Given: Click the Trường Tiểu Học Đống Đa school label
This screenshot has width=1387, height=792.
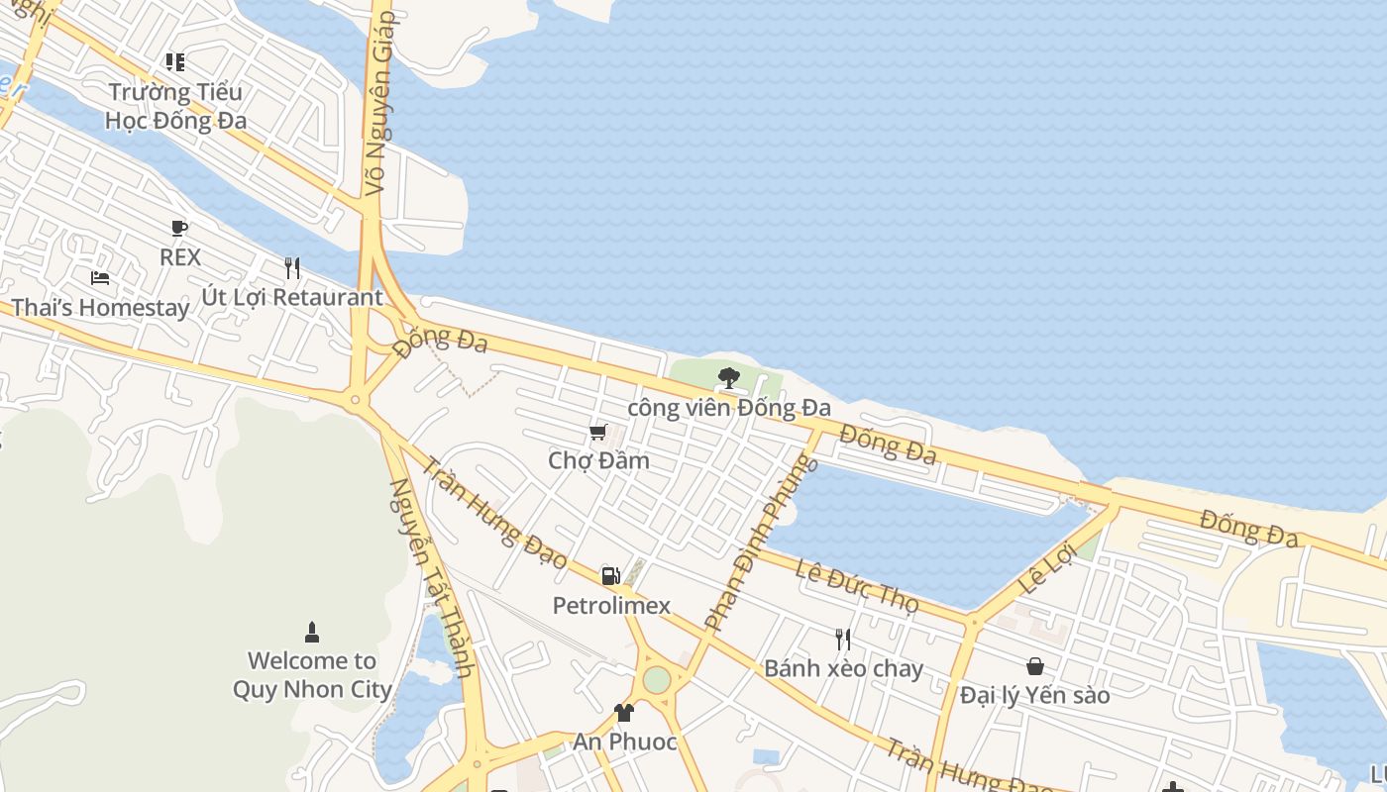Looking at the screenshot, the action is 175,106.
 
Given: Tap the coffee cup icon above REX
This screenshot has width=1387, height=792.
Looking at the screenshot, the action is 179,229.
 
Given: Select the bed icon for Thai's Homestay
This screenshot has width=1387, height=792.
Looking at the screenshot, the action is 100,278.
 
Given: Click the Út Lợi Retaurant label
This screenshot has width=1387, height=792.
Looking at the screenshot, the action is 291,297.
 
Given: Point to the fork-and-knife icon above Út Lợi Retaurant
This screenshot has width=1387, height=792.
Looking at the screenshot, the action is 291,268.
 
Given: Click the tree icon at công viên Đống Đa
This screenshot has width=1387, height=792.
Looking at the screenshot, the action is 728,377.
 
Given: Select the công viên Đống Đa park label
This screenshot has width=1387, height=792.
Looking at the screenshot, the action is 729,407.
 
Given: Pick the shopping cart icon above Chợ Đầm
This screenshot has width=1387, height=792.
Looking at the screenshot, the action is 598,432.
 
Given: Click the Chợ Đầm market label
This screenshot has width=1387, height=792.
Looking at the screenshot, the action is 598,460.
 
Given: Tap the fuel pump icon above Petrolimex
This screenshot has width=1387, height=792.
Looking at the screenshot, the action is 610,575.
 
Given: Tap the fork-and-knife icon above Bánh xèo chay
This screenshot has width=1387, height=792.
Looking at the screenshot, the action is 842,639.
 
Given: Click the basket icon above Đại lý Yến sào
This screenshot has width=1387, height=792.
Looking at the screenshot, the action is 1034,666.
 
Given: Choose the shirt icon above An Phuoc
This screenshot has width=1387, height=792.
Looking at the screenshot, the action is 624,712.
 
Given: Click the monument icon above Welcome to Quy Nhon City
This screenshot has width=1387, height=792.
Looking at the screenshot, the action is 312,632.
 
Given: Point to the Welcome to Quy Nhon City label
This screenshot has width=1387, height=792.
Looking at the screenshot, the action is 312,675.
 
